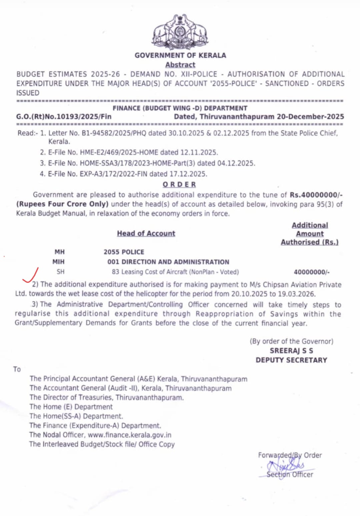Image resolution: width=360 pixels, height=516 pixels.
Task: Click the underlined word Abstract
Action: tap(180, 65)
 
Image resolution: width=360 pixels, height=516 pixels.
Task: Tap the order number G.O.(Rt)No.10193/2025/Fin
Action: tap(64, 117)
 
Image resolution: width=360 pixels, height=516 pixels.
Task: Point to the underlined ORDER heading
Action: tap(179, 184)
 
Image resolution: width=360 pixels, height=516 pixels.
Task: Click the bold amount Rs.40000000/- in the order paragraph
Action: tap(316, 195)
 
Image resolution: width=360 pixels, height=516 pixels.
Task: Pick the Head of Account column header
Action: tap(146, 233)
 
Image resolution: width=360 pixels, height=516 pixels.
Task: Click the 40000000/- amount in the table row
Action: tap(311, 272)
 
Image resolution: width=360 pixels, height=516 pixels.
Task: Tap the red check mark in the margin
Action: tap(31, 276)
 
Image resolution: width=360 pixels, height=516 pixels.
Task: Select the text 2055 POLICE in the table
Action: tap(124, 252)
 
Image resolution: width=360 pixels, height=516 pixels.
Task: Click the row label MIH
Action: tap(58, 262)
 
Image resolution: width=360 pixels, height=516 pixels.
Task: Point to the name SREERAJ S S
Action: tap(291, 351)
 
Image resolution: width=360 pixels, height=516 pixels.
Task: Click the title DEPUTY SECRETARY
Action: tap(291, 360)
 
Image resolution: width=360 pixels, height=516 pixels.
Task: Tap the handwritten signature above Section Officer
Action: tap(287, 464)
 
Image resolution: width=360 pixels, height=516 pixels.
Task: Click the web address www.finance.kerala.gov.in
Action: tap(129, 435)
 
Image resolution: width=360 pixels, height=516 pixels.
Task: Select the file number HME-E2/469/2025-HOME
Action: tap(119, 152)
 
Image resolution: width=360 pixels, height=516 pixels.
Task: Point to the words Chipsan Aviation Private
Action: tap(302, 285)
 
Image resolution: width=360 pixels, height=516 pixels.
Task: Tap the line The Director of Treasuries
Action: tap(106, 398)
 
